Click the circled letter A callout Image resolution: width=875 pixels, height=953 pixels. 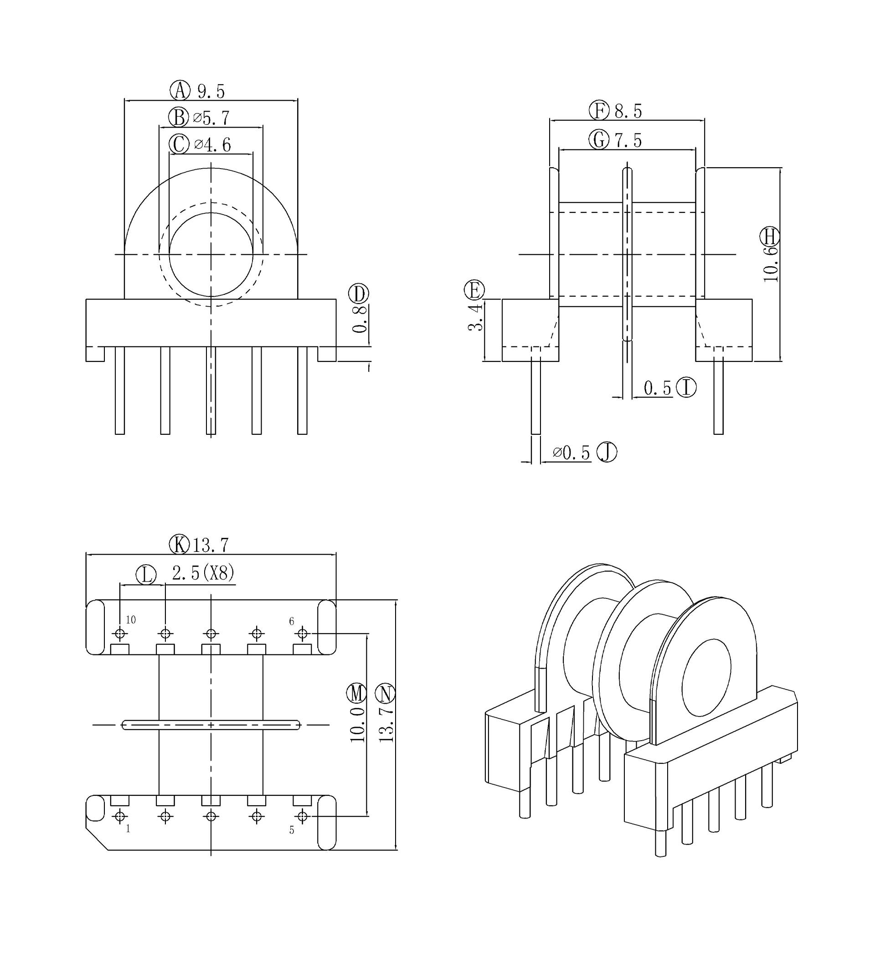point(180,90)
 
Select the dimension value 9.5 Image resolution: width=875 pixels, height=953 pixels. point(211,91)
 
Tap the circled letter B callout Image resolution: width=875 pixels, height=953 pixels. point(179,117)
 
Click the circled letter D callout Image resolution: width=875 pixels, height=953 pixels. point(358,294)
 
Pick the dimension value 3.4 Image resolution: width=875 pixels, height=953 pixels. point(475,318)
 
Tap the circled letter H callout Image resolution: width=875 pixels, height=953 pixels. point(769,236)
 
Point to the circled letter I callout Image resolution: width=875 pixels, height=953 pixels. point(686,387)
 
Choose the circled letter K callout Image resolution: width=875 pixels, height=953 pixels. point(180,545)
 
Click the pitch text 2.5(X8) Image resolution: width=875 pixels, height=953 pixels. point(203,573)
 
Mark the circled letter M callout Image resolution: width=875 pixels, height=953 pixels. point(356,694)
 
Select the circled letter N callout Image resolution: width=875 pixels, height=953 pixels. point(385,694)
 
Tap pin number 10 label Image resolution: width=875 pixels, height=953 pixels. point(131,620)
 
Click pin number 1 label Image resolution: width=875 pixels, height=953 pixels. point(128,829)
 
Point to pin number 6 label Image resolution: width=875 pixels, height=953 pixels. point(292,621)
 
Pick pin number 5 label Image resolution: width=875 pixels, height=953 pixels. point(292,830)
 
